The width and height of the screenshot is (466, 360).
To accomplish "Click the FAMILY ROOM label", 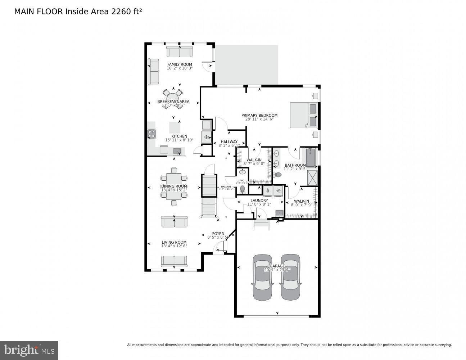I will (x=180, y=64).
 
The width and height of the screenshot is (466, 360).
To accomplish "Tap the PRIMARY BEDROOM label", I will (x=259, y=116).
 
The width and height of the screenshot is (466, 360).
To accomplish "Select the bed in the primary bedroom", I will (x=303, y=115).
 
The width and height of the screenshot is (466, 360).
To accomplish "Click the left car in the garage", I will (x=262, y=277).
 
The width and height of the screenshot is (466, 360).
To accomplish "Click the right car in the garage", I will (x=290, y=277).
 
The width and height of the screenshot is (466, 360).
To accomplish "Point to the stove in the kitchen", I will (x=151, y=134).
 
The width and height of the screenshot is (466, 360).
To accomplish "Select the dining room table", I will (x=174, y=186).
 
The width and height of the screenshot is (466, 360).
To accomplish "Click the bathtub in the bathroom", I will (x=310, y=158).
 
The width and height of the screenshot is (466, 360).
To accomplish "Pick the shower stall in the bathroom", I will (x=312, y=178).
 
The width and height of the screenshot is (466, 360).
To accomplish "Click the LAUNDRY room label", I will (x=259, y=201).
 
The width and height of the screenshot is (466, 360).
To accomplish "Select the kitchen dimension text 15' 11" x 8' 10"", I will (x=179, y=140).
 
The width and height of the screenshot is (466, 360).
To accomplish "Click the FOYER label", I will (x=218, y=234).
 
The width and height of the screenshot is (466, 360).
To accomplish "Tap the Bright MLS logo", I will (x=29, y=350).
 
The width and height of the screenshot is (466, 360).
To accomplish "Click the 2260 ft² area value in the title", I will (x=126, y=12).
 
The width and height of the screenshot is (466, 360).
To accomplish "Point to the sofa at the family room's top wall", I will (x=180, y=52).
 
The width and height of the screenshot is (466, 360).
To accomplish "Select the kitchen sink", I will (x=177, y=151).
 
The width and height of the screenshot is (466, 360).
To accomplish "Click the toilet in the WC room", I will (x=242, y=189).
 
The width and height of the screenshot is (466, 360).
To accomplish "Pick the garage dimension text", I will (x=277, y=270).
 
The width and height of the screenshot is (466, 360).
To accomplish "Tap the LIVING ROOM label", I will (x=174, y=242).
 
